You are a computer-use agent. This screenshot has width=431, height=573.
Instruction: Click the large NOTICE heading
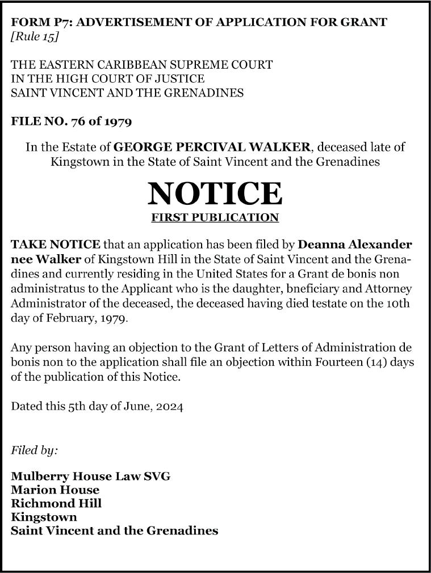coord(215,193)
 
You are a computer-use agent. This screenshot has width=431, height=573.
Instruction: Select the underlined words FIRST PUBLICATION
coord(215,217)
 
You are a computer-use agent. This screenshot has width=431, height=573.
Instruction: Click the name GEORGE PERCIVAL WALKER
coord(212,147)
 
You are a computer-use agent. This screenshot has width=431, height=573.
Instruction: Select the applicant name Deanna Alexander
coord(354,245)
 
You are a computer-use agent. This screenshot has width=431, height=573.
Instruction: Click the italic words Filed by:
coord(35,450)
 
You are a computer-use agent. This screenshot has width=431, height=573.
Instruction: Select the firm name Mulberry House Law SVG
coord(90,476)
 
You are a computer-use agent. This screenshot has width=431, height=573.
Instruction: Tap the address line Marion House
coord(55,490)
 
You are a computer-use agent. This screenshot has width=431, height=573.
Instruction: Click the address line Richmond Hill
coord(56,503)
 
